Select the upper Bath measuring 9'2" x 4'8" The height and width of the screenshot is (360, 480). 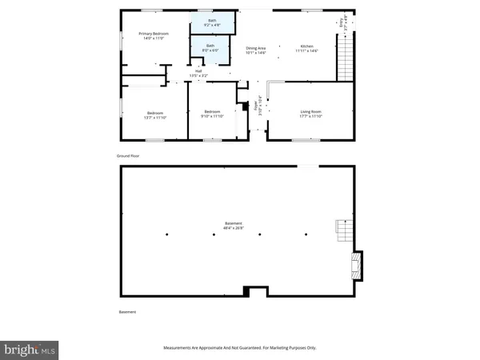(212, 22)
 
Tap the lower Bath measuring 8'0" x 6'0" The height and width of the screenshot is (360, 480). (210, 47)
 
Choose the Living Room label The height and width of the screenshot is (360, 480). (310, 114)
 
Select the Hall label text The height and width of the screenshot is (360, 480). (198, 72)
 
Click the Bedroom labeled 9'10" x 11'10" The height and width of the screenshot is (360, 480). (212, 113)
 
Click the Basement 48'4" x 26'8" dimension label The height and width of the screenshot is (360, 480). (234, 226)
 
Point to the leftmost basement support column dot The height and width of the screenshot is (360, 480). (167, 234)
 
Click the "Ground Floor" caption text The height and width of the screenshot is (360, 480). (128, 156)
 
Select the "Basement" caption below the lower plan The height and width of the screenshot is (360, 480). (127, 312)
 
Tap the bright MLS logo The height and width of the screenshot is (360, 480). (30, 349)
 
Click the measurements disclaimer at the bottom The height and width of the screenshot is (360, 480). (240, 348)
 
